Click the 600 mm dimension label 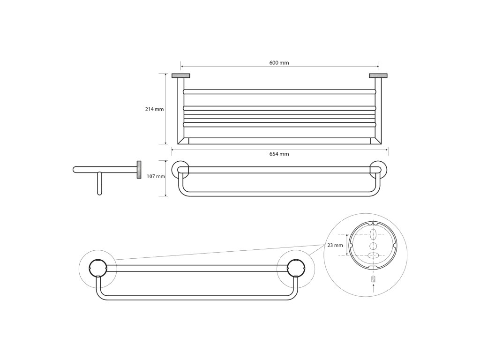(x=279, y=63)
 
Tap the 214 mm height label (x=154, y=109)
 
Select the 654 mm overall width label (x=279, y=154)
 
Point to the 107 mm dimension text (x=156, y=177)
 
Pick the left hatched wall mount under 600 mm (x=180, y=75)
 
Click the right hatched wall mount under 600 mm (x=378, y=75)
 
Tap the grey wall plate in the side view (x=139, y=170)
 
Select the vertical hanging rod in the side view (x=99, y=183)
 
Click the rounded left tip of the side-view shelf (x=75, y=170)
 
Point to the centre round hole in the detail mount (x=373, y=246)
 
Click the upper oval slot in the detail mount (x=373, y=234)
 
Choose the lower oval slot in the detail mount (x=373, y=256)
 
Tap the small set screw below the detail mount (x=373, y=279)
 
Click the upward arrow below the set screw (x=373, y=288)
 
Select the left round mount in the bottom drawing (x=98, y=268)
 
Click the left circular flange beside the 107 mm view (x=181, y=170)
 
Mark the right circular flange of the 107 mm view (x=376, y=170)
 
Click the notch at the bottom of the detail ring (x=373, y=267)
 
